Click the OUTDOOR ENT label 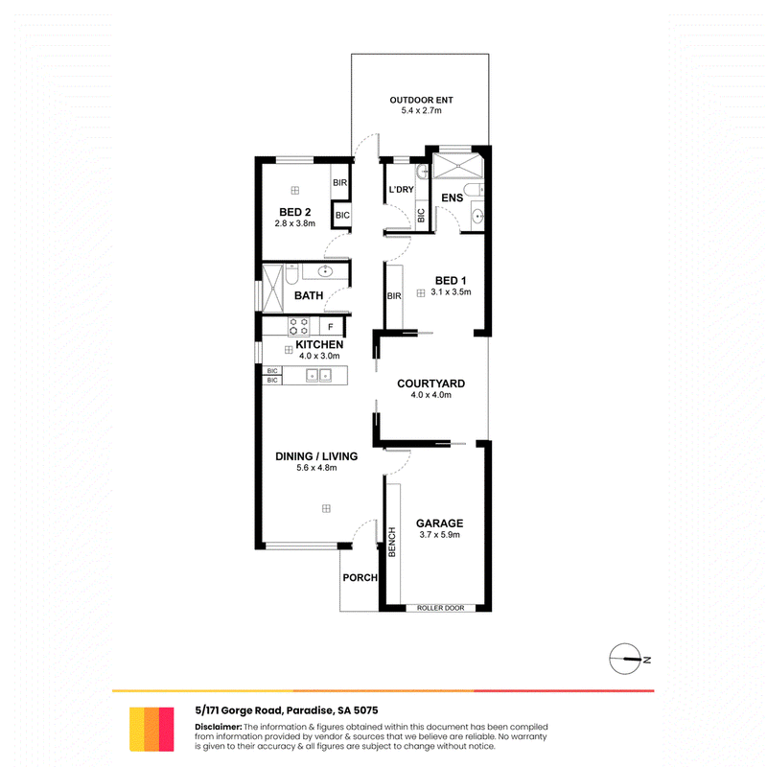421,100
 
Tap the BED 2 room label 295,212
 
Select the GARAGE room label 439,523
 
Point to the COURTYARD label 430,383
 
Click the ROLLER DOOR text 441,608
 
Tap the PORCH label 360,578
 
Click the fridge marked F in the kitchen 331,326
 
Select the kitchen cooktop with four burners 298,326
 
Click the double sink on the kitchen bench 318,375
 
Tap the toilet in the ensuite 474,190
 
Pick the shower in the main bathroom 272,289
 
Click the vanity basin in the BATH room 325,270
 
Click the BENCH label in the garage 392,542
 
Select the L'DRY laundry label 401,189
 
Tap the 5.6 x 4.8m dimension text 316,468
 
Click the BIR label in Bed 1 394,296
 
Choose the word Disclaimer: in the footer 219,727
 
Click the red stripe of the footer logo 167,729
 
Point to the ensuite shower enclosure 458,166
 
